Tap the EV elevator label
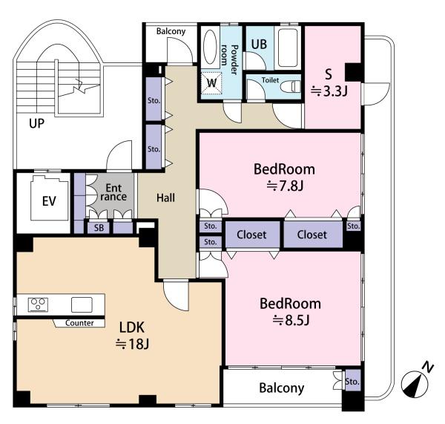[x=49, y=201]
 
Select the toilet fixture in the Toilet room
[x=290, y=86]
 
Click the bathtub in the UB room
[x=288, y=48]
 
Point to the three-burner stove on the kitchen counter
[x=38, y=304]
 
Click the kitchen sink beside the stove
[x=82, y=304]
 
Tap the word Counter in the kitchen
[x=79, y=323]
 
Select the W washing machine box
[x=211, y=83]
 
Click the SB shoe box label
[x=99, y=228]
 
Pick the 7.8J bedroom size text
[x=285, y=186]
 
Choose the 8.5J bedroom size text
[x=291, y=321]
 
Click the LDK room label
[x=132, y=327]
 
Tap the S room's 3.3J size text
[x=329, y=91]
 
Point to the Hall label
[x=165, y=198]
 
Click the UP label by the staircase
[x=36, y=123]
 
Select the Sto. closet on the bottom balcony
[x=352, y=381]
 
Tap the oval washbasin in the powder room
[x=211, y=47]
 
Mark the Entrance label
[x=113, y=192]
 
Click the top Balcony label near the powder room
[x=171, y=31]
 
